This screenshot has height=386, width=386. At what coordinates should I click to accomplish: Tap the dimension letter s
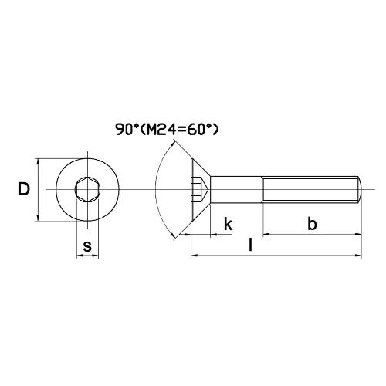pyautogui.click(x=87, y=246)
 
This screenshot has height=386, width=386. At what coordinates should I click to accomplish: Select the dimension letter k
pyautogui.click(x=228, y=224)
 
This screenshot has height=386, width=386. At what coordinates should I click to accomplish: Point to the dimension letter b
pyautogui.click(x=312, y=224)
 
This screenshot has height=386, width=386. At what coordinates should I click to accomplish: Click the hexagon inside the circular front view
pyautogui.click(x=87, y=190)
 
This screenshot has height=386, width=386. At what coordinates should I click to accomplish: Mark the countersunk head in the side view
pyautogui.click(x=198, y=190)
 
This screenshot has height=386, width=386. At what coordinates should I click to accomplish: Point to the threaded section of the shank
pyautogui.click(x=309, y=190)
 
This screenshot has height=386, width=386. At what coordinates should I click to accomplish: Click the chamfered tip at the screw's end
pyautogui.click(x=359, y=190)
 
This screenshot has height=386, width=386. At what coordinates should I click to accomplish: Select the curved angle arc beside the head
pyautogui.click(x=159, y=190)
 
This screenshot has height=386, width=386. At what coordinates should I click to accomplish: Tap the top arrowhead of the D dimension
pyautogui.click(x=38, y=163)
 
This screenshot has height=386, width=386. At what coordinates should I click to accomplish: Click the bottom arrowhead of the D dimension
pyautogui.click(x=38, y=218)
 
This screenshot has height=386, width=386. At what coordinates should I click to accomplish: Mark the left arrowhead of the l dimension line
pyautogui.click(x=195, y=255)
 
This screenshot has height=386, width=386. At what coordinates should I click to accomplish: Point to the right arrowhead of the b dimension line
pyautogui.click(x=357, y=232)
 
